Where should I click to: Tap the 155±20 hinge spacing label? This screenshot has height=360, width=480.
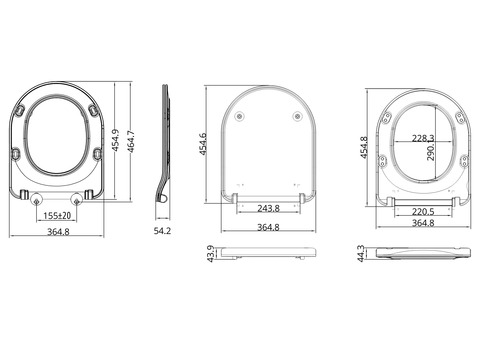(55, 215)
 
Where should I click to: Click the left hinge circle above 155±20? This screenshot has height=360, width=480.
(40, 197)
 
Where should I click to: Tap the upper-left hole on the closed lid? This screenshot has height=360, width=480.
(241, 117)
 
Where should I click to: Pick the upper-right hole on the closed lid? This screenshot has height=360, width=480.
(297, 117)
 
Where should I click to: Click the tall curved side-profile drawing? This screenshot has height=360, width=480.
(167, 150)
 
